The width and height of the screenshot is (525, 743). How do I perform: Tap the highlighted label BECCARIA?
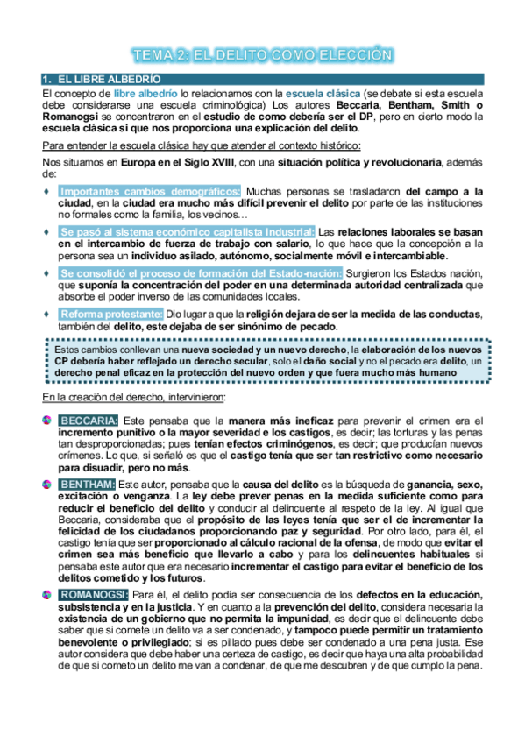pyautogui.click(x=89, y=421)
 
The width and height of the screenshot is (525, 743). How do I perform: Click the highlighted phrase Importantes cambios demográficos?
pyautogui.click(x=150, y=192)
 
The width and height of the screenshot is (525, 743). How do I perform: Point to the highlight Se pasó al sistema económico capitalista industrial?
pyautogui.click(x=187, y=231)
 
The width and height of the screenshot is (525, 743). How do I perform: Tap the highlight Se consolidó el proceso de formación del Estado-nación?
pyautogui.click(x=195, y=272)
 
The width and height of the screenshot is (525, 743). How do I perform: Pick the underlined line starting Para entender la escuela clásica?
pyautogui.click(x=201, y=145)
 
